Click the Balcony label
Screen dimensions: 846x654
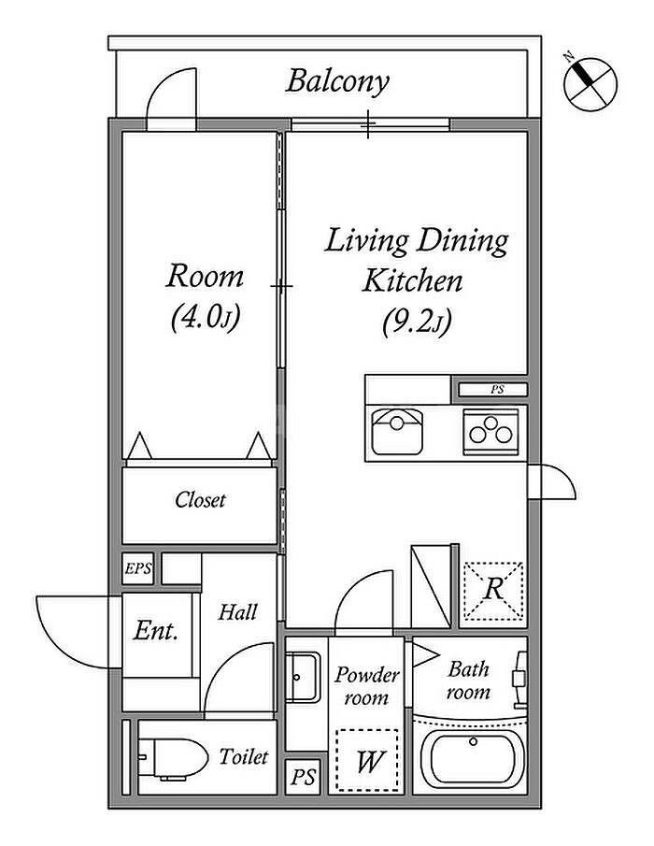click(336, 81)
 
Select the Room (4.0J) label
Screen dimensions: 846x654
click(206, 296)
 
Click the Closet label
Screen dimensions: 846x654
click(201, 500)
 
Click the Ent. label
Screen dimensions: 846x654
click(156, 631)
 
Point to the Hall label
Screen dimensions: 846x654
click(238, 613)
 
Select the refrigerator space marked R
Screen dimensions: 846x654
click(493, 590)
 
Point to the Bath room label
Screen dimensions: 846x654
click(468, 681)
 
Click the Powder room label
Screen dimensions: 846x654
click(367, 686)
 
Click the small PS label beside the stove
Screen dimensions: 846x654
click(492, 390)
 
